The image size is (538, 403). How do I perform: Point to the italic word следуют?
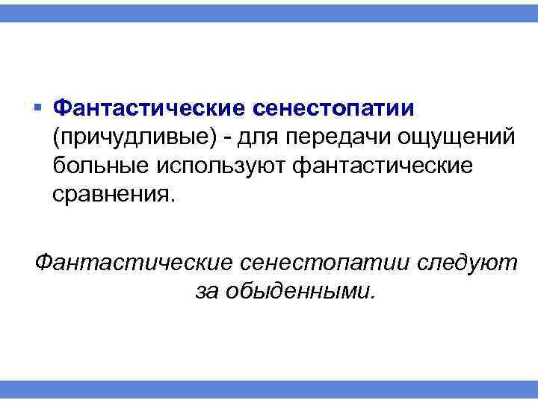[x=467, y=262]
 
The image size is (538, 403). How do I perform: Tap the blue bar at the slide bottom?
[x=269, y=390]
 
